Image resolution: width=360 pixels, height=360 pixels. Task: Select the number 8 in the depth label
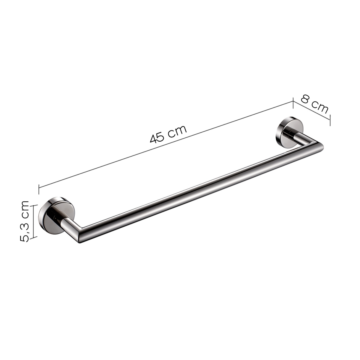click(306, 100)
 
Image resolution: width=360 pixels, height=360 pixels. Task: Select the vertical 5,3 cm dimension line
click(34, 221)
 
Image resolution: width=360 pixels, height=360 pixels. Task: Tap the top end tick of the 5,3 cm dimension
click(34, 205)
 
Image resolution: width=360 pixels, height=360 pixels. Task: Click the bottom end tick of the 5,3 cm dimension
click(34, 237)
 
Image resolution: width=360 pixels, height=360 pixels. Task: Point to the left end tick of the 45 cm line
click(39, 189)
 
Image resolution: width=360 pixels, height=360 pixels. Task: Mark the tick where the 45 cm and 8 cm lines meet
click(293, 102)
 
